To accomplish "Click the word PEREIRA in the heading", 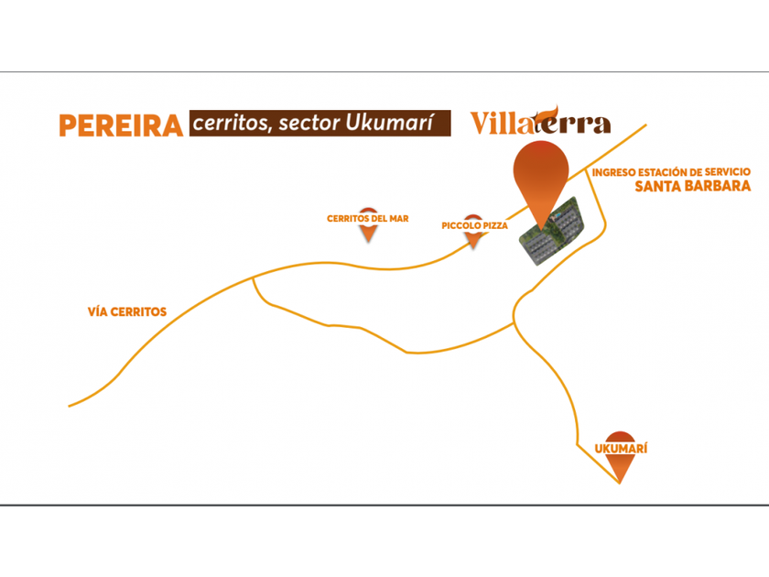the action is pyautogui.click(x=121, y=125).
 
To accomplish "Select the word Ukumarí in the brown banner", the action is pyautogui.click(x=390, y=123).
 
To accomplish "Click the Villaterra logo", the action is pyautogui.click(x=540, y=120).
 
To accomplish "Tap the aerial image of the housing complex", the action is pyautogui.click(x=552, y=231).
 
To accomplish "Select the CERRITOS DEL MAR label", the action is pyautogui.click(x=368, y=218).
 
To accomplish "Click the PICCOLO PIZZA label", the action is pyautogui.click(x=475, y=225).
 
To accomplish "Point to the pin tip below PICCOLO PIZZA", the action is pyautogui.click(x=474, y=248).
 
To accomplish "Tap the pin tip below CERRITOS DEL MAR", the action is pyautogui.click(x=368, y=242).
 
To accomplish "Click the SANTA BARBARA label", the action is pyautogui.click(x=692, y=186).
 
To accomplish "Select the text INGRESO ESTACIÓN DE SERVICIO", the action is pyautogui.click(x=671, y=172).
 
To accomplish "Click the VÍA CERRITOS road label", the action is pyautogui.click(x=127, y=311).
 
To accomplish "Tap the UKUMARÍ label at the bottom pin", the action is pyautogui.click(x=621, y=449).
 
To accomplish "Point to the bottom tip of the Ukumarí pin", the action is pyautogui.click(x=620, y=484).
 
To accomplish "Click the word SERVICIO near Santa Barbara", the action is pyautogui.click(x=728, y=172).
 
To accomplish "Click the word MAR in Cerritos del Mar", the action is pyautogui.click(x=399, y=218).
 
